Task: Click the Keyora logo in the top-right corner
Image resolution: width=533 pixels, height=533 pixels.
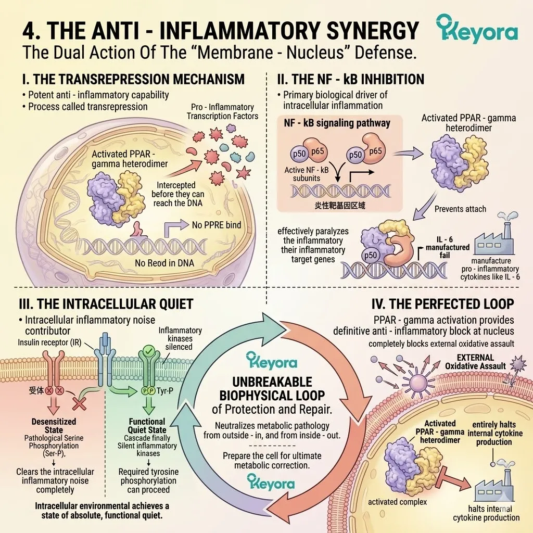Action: pos(477,29)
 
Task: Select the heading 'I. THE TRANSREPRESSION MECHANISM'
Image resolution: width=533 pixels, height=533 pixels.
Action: pos(133,79)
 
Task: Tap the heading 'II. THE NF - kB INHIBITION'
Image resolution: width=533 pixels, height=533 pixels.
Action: pos(351,79)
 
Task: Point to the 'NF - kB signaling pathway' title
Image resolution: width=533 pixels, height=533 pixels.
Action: pos(337,123)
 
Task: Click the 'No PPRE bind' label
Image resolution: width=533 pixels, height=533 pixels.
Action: pos(217,225)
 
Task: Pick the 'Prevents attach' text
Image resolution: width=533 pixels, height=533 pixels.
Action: pos(460,209)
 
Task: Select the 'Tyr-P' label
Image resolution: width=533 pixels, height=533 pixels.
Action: pos(165,391)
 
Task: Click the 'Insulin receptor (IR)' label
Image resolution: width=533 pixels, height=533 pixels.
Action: pos(49,342)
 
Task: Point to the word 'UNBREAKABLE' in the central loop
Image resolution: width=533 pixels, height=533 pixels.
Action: pos(272,382)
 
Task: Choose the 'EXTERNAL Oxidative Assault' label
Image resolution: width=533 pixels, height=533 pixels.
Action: pos(475,362)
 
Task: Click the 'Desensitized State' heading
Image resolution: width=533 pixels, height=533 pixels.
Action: pos(54,426)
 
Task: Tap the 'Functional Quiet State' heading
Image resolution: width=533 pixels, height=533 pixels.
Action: pos(147,426)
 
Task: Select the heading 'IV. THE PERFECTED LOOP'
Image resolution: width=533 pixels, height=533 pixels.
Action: pos(442,304)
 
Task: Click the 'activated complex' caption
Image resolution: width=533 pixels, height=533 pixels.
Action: pos(397,502)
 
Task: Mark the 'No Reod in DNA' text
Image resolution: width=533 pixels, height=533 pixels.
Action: pos(164,263)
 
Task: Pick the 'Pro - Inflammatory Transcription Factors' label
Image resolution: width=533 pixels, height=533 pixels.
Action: pos(222,111)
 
